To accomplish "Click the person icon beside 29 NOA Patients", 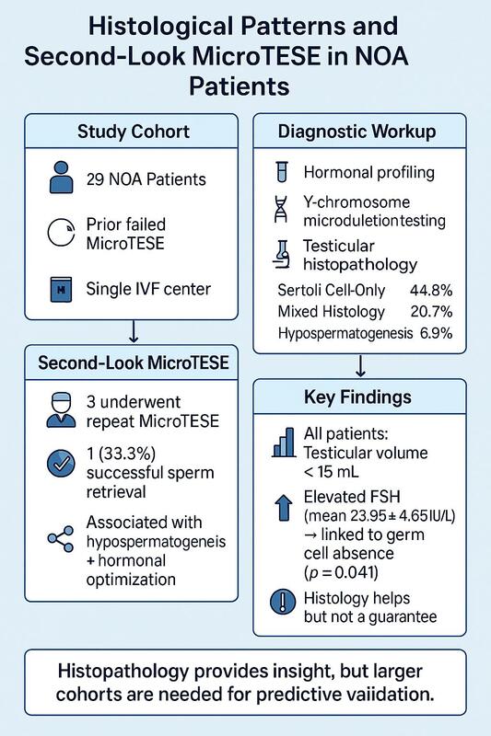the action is coord(61,178).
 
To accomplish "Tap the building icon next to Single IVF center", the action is coord(61,289).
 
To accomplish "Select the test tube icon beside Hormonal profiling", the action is coord(282,172).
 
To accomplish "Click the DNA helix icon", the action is coord(281,210).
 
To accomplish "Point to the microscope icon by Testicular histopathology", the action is coord(282,255).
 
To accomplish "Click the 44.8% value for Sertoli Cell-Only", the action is coord(431,290).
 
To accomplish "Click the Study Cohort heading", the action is coord(134,132).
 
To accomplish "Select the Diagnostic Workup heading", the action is coord(357,132).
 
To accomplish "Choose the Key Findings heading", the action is coord(358,397).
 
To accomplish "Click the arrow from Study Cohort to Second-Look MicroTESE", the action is coord(134,332).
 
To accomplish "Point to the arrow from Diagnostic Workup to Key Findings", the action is coord(360,365).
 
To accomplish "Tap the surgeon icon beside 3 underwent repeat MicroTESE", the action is coord(61,410).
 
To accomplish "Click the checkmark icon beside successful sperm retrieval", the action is coord(61,464).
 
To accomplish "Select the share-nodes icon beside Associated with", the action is coord(61,538).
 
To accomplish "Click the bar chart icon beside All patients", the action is coord(284,443).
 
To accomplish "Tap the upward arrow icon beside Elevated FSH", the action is coord(283,509).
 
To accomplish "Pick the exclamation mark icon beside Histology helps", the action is coord(284,602).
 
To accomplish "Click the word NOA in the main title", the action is coord(381,56).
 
